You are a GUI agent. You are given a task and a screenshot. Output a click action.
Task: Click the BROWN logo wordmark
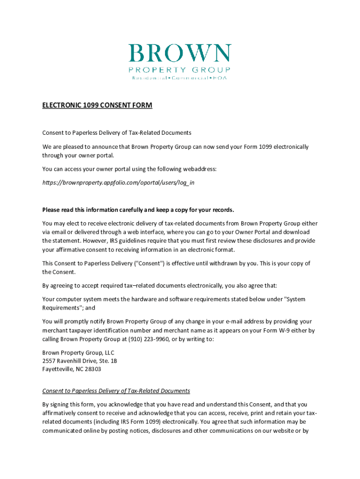point(180,54)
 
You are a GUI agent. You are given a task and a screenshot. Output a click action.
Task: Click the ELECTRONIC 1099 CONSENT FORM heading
point(97,105)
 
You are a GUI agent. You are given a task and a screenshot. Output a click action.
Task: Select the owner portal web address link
point(118,182)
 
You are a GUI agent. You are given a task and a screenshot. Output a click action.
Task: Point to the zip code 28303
point(93,369)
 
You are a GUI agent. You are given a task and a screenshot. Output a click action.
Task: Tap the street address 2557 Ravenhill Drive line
point(79,361)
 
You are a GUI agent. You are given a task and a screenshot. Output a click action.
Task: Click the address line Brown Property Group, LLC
point(78,352)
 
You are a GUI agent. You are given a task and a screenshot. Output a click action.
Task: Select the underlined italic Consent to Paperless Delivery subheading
point(116,391)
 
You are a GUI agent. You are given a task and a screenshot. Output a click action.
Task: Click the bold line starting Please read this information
point(138,209)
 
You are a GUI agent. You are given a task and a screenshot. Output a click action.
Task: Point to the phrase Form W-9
point(274,330)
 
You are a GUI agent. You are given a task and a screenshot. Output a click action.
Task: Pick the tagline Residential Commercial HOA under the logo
point(180,78)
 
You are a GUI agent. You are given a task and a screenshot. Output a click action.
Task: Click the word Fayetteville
point(58,369)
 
